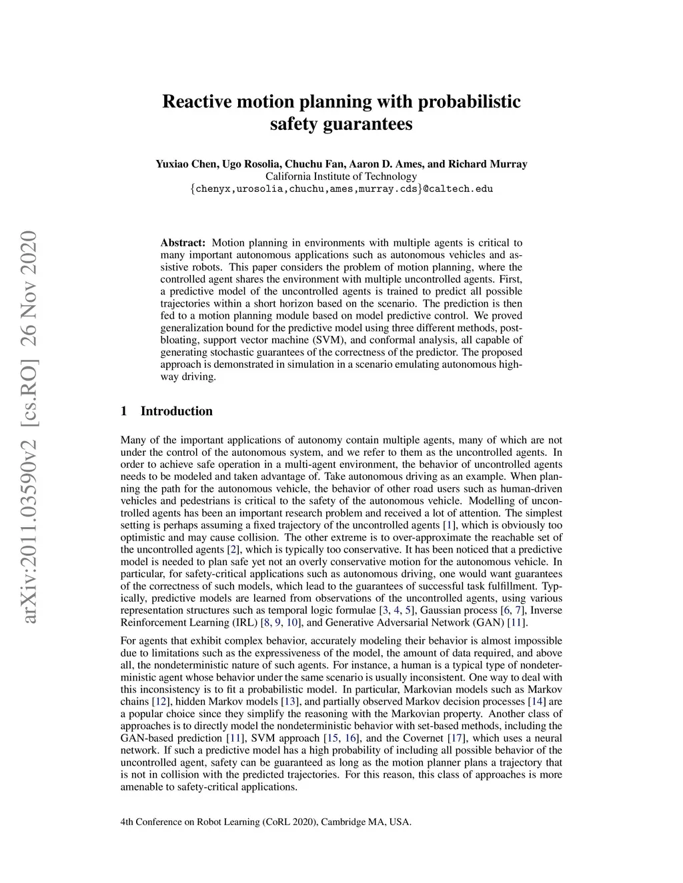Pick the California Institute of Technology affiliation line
(x=341, y=177)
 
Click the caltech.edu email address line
(x=341, y=189)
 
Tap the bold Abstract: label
(x=183, y=243)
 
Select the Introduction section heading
(x=176, y=411)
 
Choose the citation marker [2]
(x=233, y=550)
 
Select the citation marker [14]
(x=536, y=701)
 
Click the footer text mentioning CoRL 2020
(x=265, y=822)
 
